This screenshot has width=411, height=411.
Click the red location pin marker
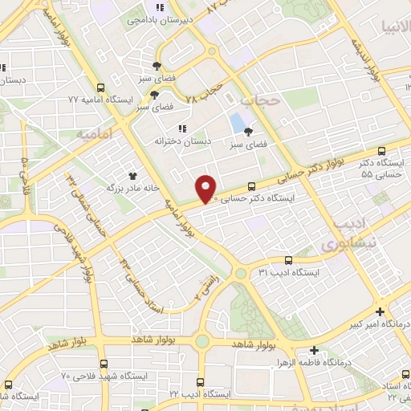(x=207, y=189)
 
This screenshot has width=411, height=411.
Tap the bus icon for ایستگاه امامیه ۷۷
(x=100, y=88)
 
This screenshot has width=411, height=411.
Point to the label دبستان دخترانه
(x=182, y=140)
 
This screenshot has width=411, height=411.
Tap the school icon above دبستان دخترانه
(x=182, y=128)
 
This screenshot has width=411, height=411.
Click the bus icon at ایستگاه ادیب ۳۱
(x=289, y=260)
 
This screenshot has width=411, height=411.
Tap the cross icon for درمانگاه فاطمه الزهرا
(x=314, y=350)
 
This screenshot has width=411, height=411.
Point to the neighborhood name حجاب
(x=258, y=100)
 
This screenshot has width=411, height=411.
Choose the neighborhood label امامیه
(x=93, y=133)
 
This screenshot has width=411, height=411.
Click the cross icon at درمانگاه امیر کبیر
(x=380, y=311)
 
